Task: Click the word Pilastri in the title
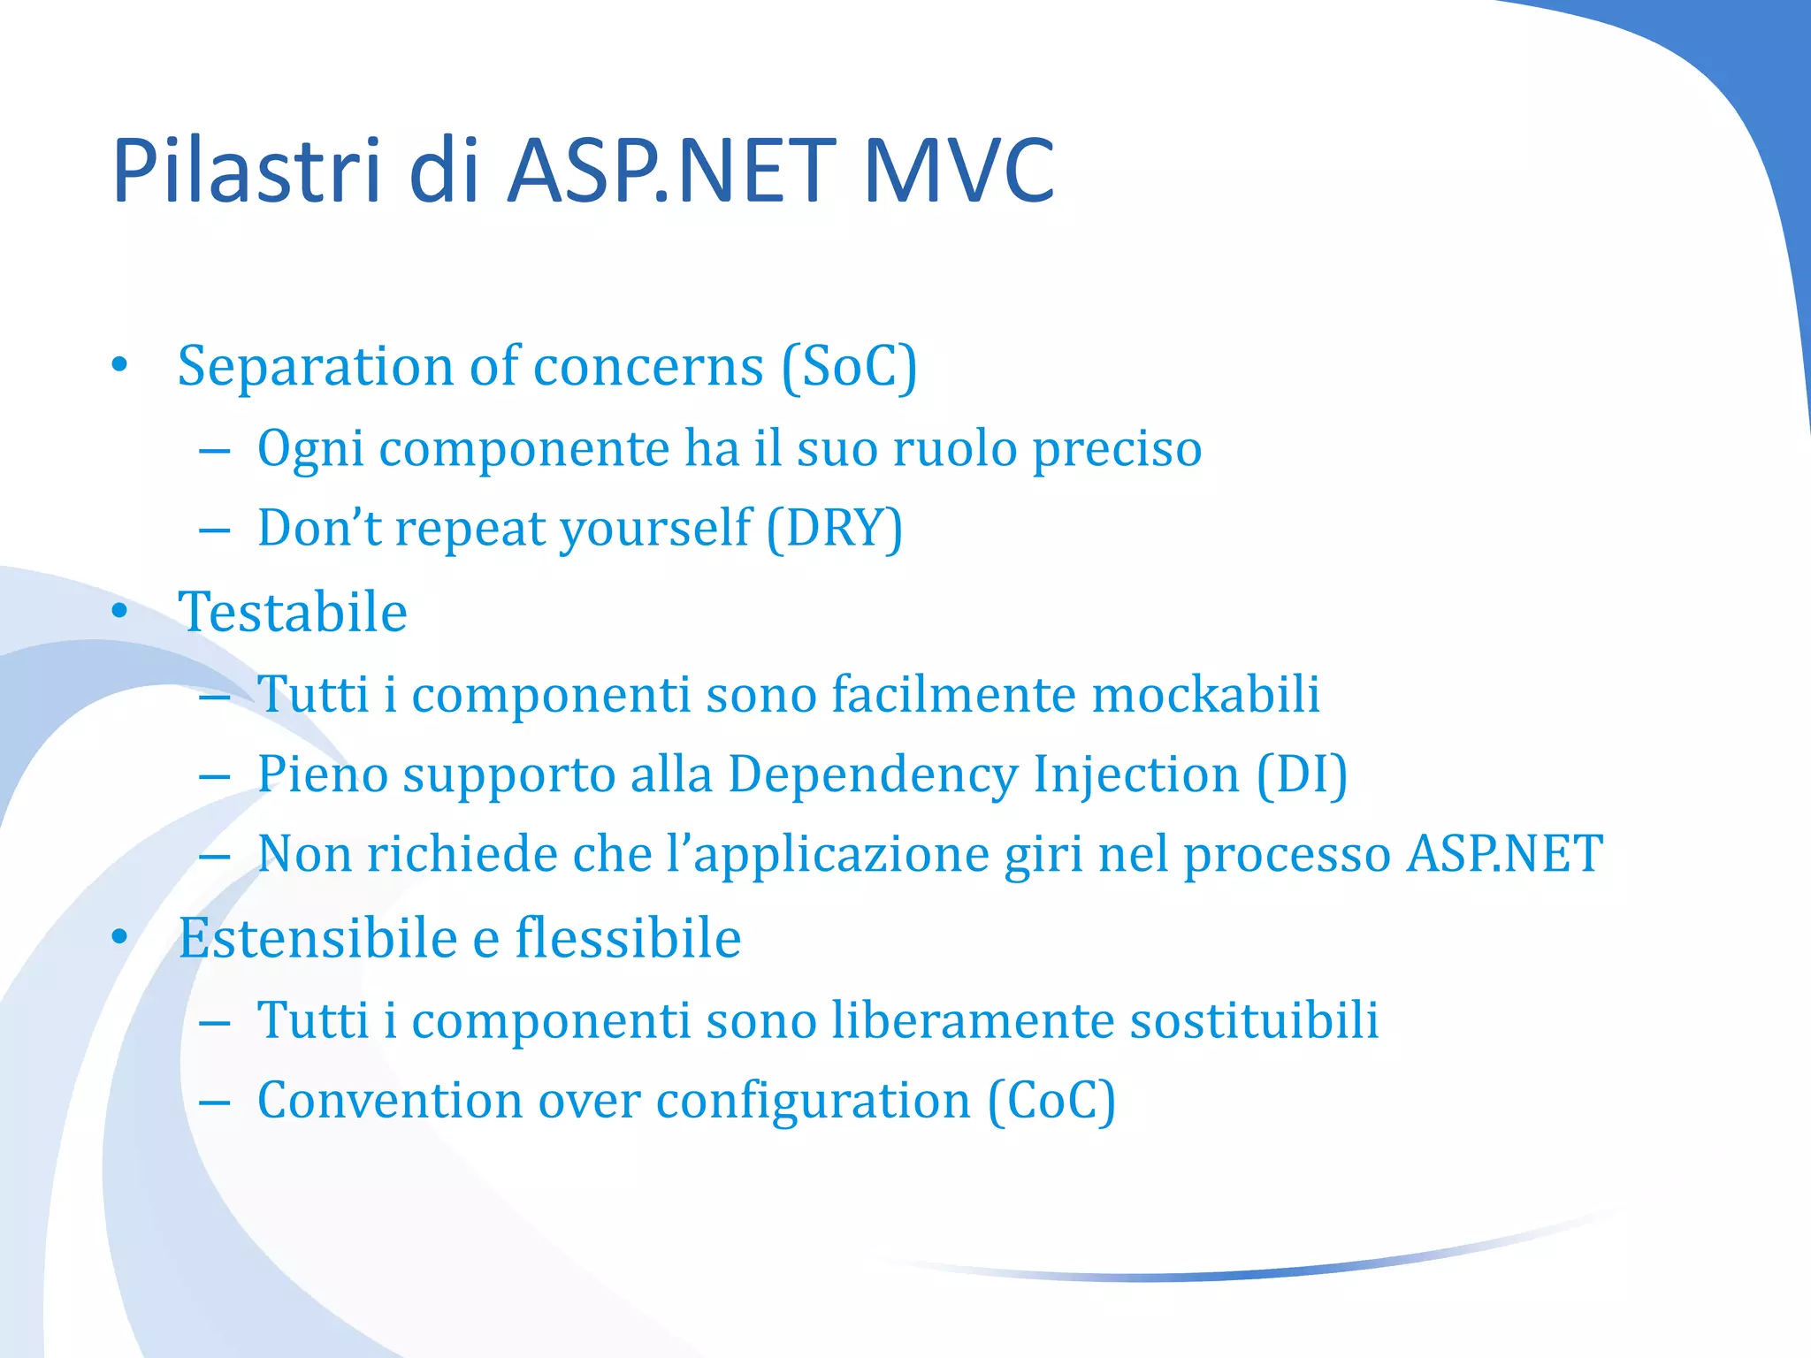(246, 170)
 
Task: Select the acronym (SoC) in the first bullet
(850, 366)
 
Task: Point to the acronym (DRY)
(835, 528)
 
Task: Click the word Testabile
(293, 612)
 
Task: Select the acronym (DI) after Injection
(1302, 774)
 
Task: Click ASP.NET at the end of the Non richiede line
(1504, 854)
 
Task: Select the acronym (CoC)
(1051, 1101)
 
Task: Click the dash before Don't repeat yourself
(215, 531)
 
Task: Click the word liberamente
(973, 1020)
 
